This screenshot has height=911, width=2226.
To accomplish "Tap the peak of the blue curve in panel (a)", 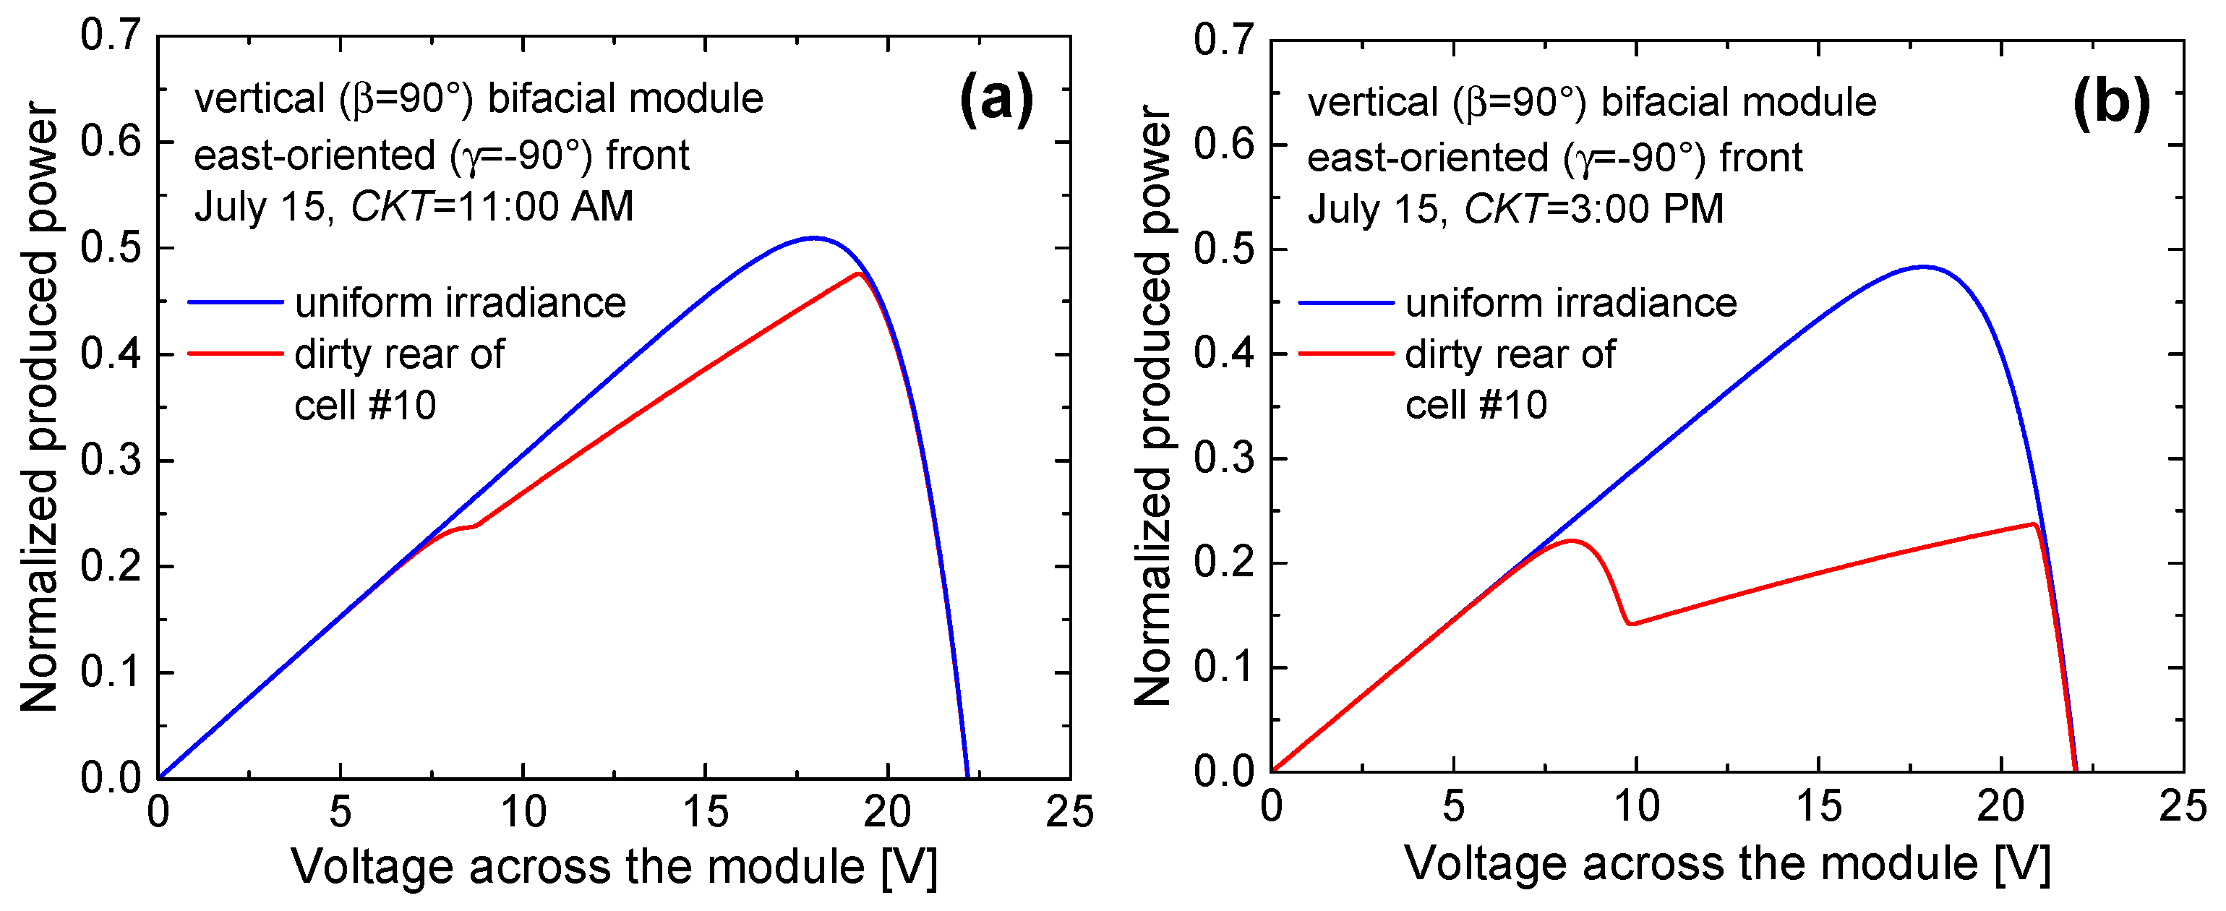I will [x=813, y=238].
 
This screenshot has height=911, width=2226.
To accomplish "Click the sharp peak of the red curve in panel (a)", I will [x=858, y=274].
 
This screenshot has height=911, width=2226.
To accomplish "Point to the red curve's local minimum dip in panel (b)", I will [x=1630, y=623].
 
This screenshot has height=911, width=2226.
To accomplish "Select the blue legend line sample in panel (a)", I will [x=236, y=302].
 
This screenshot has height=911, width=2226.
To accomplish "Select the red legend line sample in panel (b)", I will [x=1346, y=354].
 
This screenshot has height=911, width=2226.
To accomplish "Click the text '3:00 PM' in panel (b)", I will [x=1647, y=209].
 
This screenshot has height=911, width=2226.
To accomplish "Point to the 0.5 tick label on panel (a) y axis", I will [x=110, y=248].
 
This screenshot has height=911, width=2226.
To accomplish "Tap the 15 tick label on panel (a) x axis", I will [x=705, y=813].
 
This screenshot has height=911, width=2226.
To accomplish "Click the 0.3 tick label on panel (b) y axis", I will [x=1223, y=458].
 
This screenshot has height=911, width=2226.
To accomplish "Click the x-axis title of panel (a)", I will [x=614, y=866].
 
